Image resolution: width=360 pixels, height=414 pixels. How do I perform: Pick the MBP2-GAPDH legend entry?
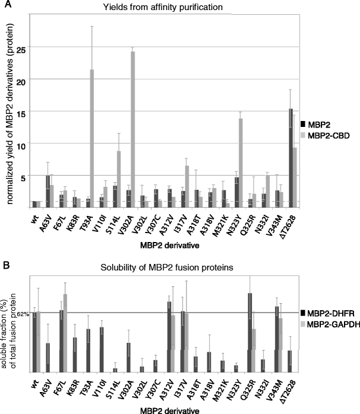click(x=332, y=324)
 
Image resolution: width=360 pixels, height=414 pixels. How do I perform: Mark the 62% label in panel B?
click(x=23, y=313)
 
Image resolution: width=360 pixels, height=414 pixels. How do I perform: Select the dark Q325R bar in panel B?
click(x=250, y=332)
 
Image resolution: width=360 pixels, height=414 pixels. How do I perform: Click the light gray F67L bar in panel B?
click(x=65, y=333)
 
